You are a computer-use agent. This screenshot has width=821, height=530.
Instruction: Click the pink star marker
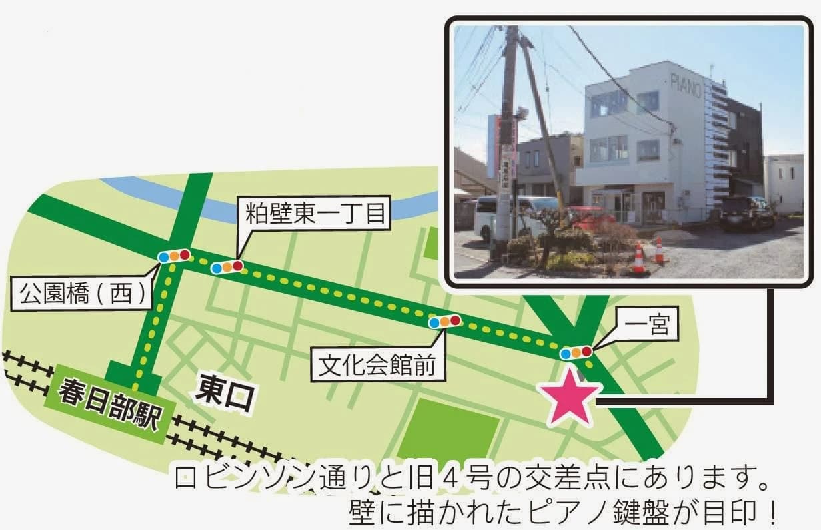[x=571, y=396]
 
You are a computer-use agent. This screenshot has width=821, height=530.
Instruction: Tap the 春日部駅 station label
[x=110, y=403]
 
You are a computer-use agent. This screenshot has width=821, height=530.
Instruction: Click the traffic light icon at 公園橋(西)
[x=173, y=256]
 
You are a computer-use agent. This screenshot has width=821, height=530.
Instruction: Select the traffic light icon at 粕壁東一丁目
[x=226, y=267]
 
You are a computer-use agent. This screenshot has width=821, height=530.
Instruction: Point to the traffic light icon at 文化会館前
[x=444, y=322]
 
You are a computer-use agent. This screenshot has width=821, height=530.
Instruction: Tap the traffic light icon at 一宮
[x=576, y=352]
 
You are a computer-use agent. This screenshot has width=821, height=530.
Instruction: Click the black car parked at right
[x=747, y=212]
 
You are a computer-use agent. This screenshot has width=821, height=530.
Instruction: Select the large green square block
[x=448, y=427]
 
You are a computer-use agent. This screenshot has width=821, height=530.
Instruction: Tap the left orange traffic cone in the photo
[x=638, y=258]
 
